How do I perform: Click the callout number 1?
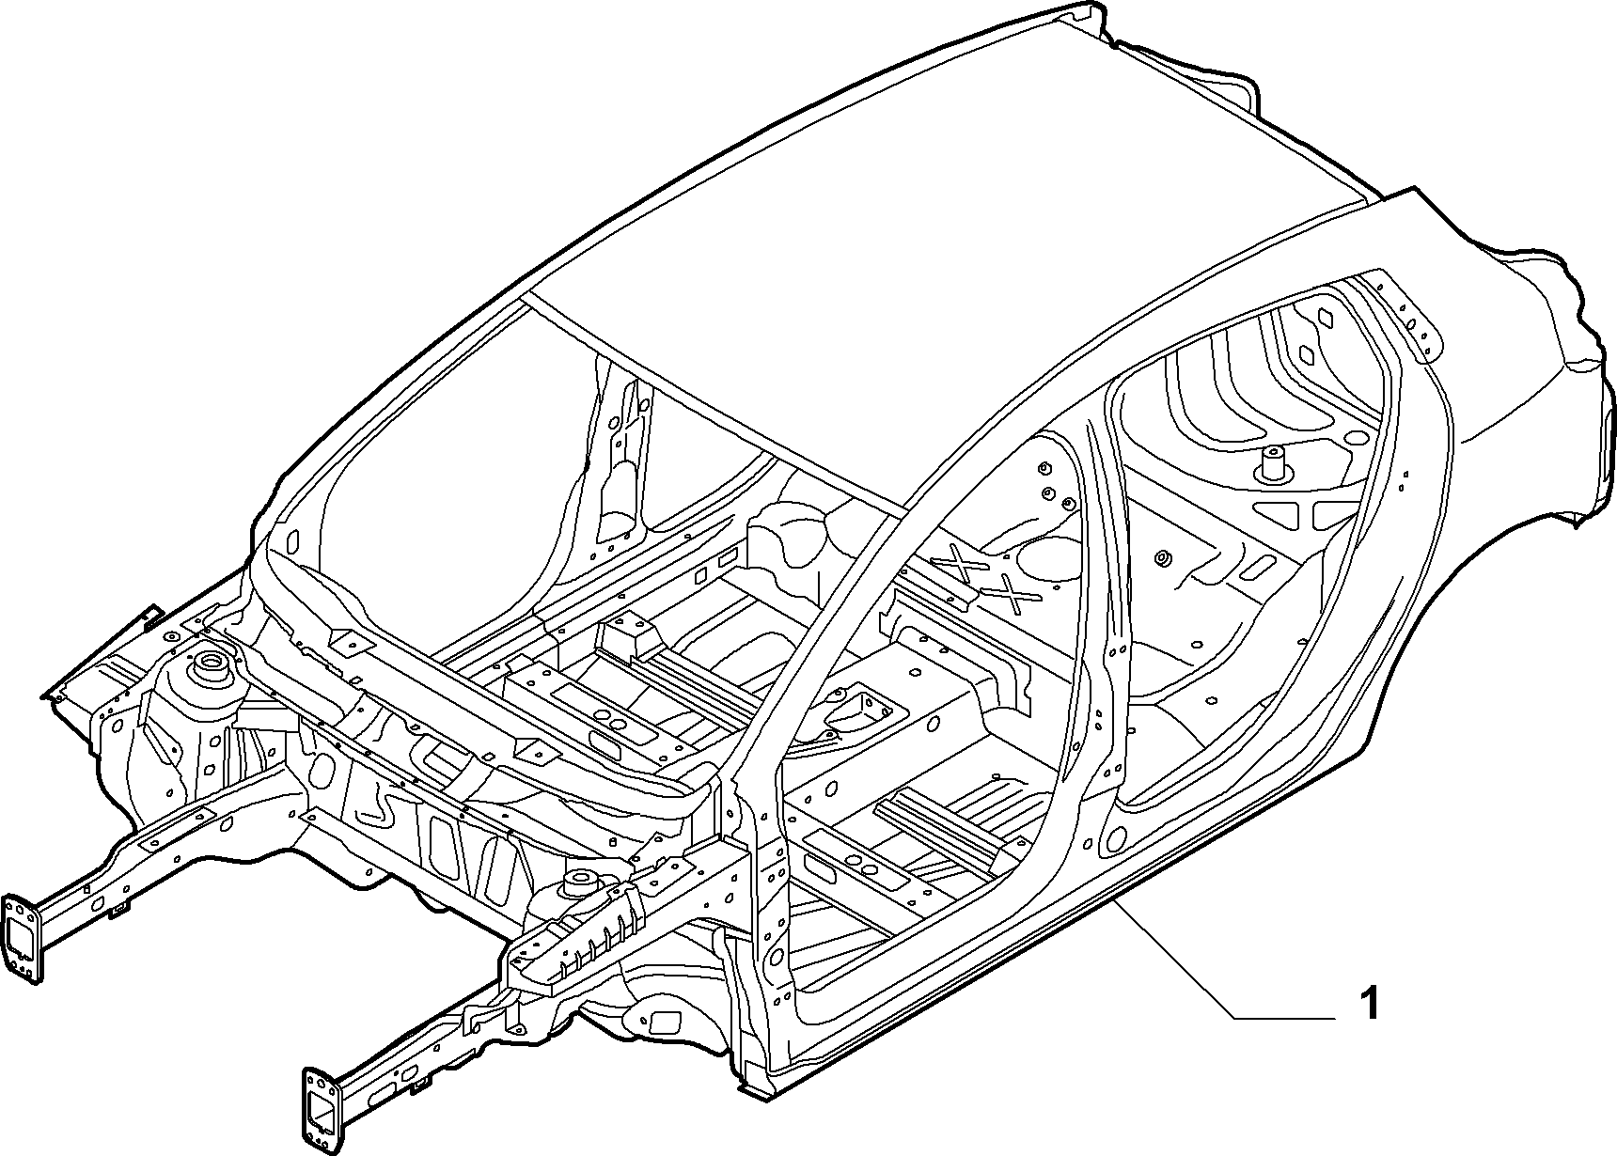[x=1370, y=1003]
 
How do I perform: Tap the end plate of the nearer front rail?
[x=321, y=1108]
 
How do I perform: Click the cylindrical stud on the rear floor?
[x=1273, y=463]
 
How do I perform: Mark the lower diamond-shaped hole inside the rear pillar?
[x=1306, y=355]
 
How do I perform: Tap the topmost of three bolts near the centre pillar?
[x=1044, y=467]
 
